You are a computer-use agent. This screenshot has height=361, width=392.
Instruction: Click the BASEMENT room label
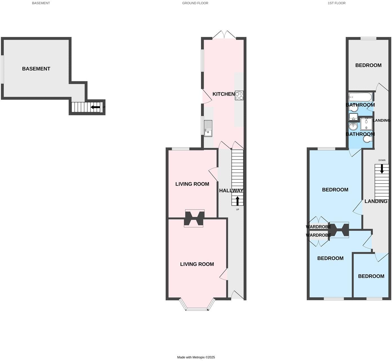click(36, 69)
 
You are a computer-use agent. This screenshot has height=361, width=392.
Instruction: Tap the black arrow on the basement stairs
click(95, 107)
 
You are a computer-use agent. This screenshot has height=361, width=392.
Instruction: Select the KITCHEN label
click(223, 94)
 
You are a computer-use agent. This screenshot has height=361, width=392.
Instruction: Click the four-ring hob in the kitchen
click(239, 96)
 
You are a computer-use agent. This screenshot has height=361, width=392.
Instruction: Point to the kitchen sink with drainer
click(208, 128)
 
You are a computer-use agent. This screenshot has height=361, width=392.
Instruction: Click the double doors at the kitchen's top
click(224, 35)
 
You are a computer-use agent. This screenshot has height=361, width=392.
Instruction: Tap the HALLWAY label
click(231, 191)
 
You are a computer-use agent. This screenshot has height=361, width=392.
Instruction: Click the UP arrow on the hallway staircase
click(237, 201)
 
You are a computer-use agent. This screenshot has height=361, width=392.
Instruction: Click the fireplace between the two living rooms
click(194, 218)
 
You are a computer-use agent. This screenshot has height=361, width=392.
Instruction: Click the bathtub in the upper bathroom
click(360, 97)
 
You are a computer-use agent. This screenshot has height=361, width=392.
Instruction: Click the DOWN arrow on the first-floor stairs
click(382, 169)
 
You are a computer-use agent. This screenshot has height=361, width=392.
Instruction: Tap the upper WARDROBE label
click(318, 227)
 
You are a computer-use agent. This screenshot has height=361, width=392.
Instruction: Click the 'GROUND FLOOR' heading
click(195, 3)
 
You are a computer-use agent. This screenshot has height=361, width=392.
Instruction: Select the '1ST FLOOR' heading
click(336, 3)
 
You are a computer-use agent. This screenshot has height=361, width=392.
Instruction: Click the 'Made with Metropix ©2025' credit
click(196, 357)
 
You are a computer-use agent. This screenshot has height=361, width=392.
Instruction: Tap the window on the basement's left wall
click(2, 69)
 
